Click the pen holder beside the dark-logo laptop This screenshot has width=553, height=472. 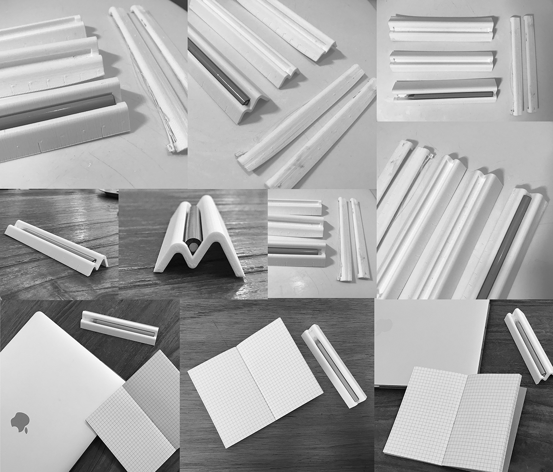click(x=119, y=328)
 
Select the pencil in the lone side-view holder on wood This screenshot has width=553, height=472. click(x=58, y=242)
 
